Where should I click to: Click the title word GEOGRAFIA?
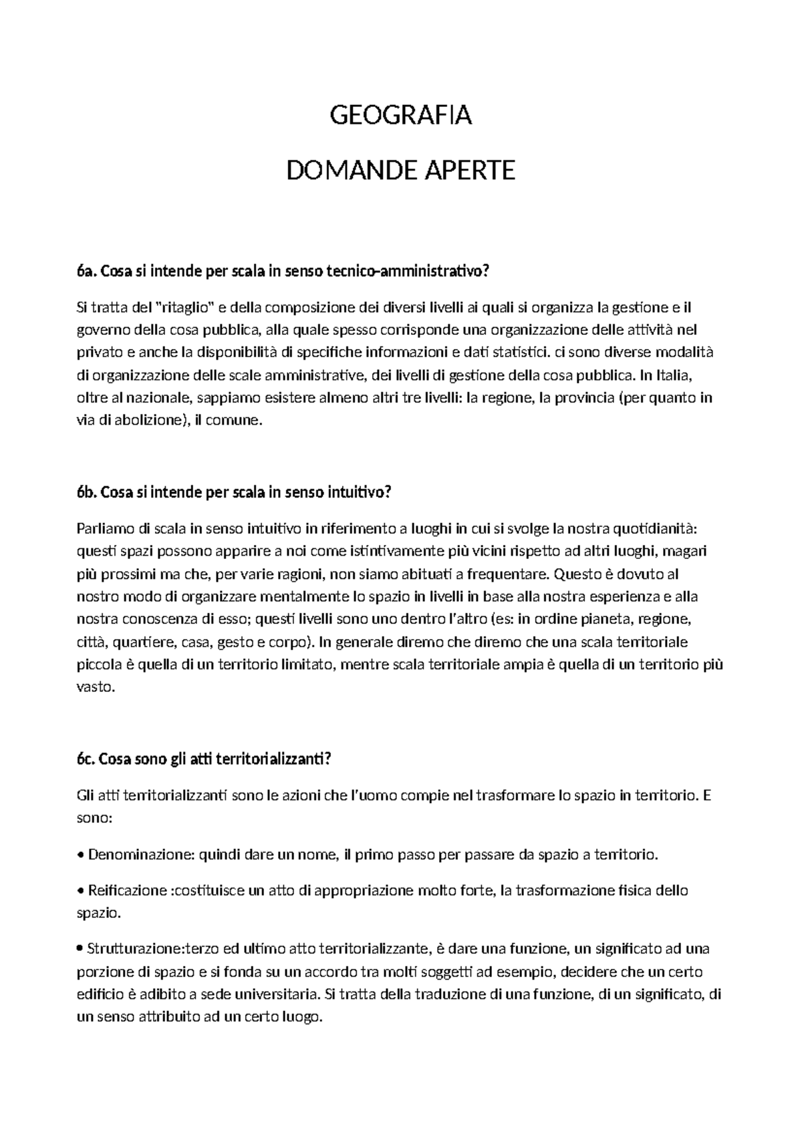[401, 116]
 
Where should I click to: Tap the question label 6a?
[86, 271]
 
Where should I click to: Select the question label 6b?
[86, 493]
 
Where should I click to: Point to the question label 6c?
[86, 759]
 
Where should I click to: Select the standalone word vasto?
[96, 687]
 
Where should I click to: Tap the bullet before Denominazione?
[81, 855]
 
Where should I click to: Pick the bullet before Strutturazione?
[81, 949]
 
